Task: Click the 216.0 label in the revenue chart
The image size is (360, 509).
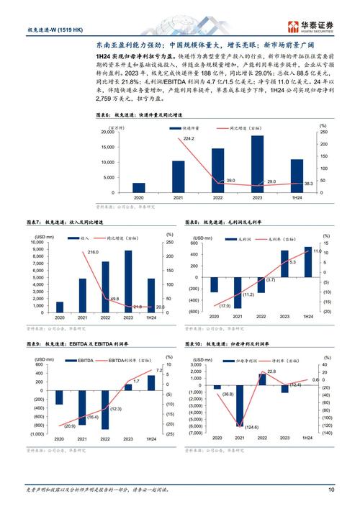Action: coord(93,253)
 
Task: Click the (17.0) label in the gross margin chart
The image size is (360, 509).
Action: coord(207,305)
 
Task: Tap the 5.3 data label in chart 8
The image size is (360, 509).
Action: coord(274,262)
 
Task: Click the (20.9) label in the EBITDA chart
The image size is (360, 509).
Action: coord(71,426)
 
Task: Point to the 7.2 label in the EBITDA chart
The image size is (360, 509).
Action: coord(159,370)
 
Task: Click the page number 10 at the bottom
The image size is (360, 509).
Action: coord(330,490)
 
